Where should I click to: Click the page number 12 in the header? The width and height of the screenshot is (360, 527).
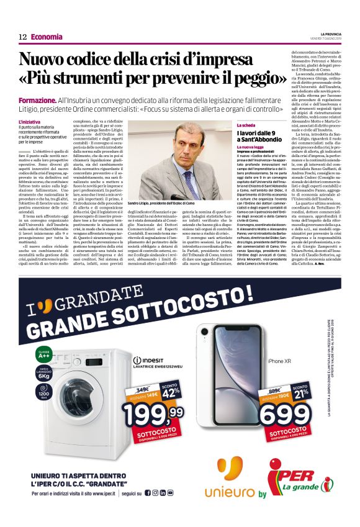point(22,37)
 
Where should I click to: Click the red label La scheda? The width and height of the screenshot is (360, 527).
point(247,126)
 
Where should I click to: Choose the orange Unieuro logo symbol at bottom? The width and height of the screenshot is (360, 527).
point(230,468)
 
